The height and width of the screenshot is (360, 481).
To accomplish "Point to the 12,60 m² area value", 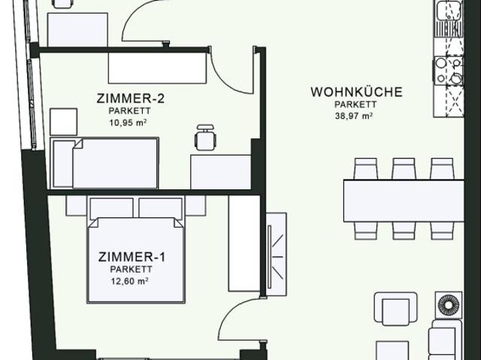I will click(x=132, y=281).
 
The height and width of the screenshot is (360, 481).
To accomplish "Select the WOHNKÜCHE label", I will click(x=356, y=92).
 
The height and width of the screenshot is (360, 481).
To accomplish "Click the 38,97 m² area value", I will click(x=355, y=116).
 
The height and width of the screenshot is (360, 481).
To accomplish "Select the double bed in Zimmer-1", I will click(x=136, y=256).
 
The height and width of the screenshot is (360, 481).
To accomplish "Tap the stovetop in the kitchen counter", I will click(x=449, y=71).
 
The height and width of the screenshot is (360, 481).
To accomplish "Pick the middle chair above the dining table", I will click(x=404, y=168).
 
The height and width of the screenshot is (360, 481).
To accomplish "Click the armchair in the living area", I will click(x=393, y=309).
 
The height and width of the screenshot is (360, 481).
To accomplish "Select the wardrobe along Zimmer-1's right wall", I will click(x=244, y=244).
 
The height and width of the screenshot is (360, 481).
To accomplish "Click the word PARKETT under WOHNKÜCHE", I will click(x=355, y=105).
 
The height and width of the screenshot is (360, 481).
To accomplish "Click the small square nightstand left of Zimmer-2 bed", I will click(x=64, y=121).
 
